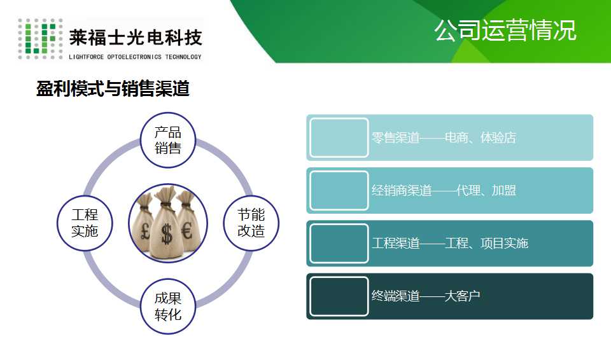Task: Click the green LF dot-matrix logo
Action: point(40,39)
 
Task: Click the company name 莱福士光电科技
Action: point(135,38)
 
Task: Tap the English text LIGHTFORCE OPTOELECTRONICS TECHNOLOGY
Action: point(135,57)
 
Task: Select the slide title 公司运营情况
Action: point(505,30)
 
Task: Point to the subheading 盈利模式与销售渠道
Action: point(113,88)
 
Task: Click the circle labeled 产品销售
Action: point(167,141)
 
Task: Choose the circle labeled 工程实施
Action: point(85,223)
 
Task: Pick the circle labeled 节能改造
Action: point(251,223)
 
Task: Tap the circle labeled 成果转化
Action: point(167,306)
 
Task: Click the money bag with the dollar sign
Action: point(166,227)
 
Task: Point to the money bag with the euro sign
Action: point(187,221)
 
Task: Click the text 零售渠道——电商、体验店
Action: point(444,137)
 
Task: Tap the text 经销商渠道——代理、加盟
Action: point(444,191)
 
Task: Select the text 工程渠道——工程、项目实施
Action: point(450,244)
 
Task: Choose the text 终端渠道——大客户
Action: point(426,296)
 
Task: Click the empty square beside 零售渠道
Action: point(339,137)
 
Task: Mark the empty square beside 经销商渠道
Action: point(339,191)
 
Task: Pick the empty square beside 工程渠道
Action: point(339,244)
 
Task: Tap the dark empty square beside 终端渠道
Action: point(339,296)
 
